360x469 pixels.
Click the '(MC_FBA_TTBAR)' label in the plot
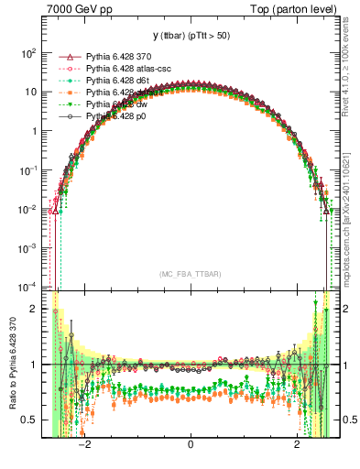tap(191, 274)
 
